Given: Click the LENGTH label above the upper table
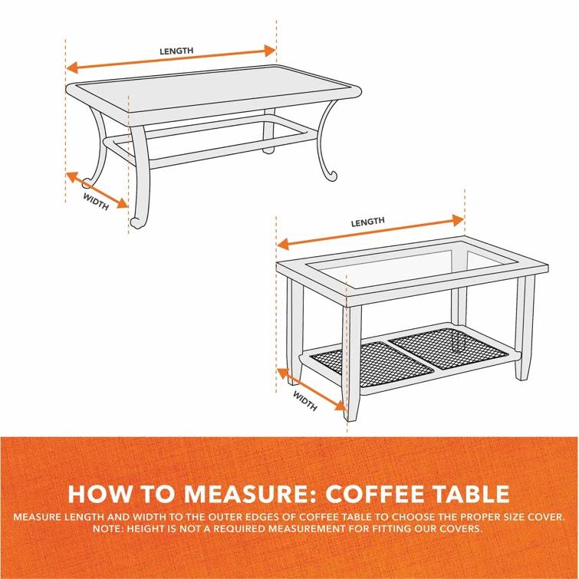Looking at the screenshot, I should point(176,51).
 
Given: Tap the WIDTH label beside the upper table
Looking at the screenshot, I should point(95,199).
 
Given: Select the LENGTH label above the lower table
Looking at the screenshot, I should point(367,222).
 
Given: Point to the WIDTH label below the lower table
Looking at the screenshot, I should point(305,401).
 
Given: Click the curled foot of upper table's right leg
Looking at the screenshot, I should point(331,176).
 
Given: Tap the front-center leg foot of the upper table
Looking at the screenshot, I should point(137,222).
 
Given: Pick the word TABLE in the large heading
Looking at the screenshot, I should point(468,492).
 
